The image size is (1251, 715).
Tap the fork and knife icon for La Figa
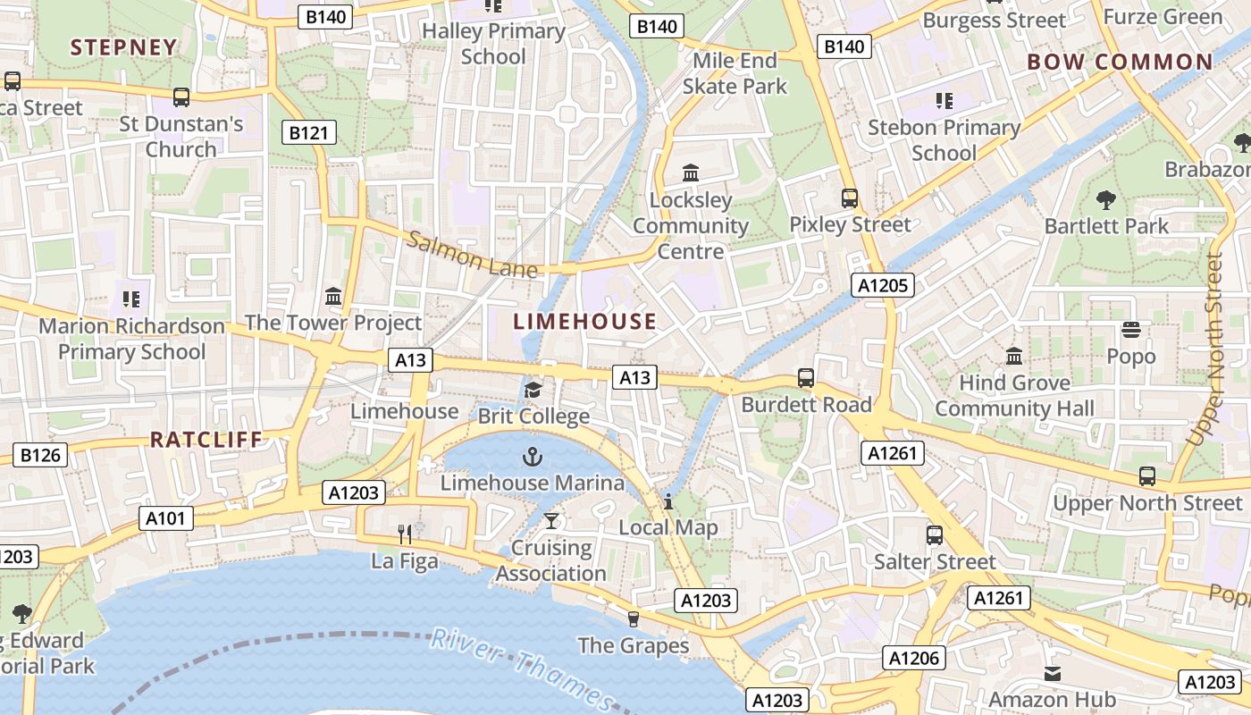click(405, 534)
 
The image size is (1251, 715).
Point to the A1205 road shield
click(883, 285)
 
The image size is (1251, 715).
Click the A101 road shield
click(166, 517)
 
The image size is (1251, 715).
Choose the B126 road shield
click(40, 455)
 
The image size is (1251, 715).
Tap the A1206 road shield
click(914, 659)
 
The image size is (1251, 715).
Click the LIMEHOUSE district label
click(585, 322)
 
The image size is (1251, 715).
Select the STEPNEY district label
click(123, 48)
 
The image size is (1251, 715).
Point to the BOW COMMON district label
click(1120, 63)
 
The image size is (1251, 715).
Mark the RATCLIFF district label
click(206, 440)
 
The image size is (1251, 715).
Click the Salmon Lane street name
click(473, 255)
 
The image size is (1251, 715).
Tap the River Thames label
click(523, 669)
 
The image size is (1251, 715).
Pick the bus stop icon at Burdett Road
click(806, 378)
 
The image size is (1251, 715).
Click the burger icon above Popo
click(1131, 330)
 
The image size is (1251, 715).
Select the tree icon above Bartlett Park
click(1106, 199)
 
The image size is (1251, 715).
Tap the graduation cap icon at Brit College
click(533, 391)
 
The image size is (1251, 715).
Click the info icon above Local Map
click(667, 501)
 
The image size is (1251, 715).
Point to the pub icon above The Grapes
click(634, 618)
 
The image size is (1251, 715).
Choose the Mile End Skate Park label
click(735, 73)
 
